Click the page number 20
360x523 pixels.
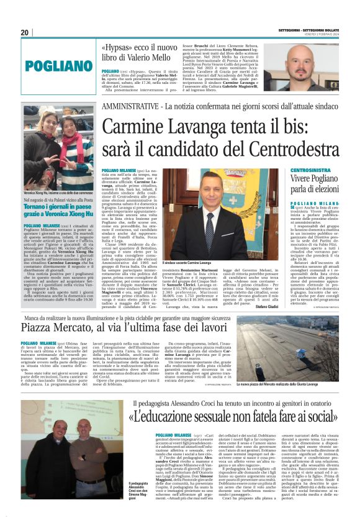25,32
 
